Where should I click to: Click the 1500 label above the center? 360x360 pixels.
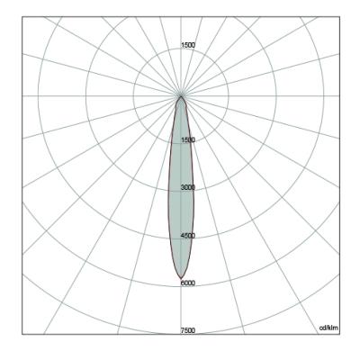[x=188, y=45]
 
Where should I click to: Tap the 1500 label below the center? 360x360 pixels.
[x=188, y=139]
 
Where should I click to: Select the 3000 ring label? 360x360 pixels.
[x=188, y=187]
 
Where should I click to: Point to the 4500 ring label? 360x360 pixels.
[x=188, y=236]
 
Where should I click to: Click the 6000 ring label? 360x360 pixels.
[x=188, y=283]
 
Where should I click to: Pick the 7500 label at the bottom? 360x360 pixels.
[x=188, y=330]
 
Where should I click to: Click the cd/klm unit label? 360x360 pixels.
[x=328, y=328]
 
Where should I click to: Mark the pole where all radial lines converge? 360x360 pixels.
[x=181, y=96]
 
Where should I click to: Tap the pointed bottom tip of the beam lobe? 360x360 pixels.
[x=181, y=279]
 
